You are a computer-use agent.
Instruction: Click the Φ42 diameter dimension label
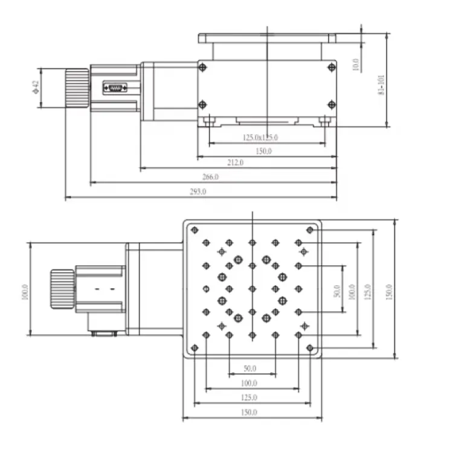point(35,88)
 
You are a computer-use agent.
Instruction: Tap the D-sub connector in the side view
point(115,89)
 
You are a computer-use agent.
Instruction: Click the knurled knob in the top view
point(61,289)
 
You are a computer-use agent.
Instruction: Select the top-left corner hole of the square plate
point(194,230)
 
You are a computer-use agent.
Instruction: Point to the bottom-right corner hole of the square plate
point(310,348)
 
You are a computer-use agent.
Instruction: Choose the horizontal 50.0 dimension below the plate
point(250,368)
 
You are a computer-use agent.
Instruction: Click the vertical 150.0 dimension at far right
point(389,292)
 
